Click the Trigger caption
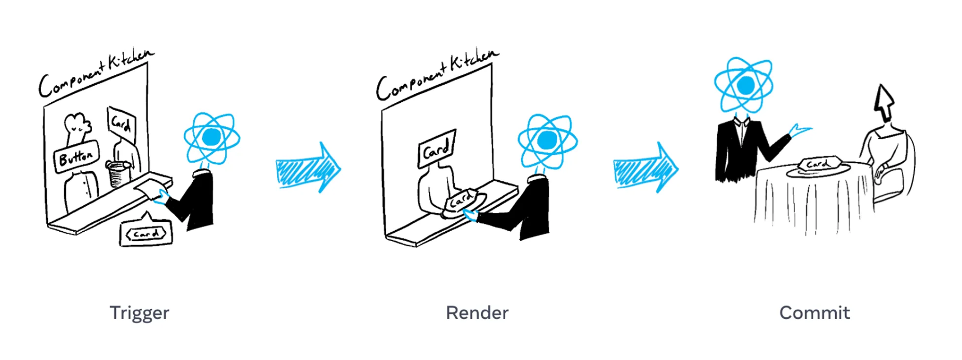(x=139, y=313)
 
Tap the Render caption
(x=477, y=313)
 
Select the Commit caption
(x=814, y=313)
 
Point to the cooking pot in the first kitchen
(x=119, y=174)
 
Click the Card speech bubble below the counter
(x=146, y=234)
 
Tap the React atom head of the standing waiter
(x=744, y=85)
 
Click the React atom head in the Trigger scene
(x=212, y=138)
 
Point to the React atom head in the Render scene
(x=547, y=140)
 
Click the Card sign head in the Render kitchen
(x=437, y=149)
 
